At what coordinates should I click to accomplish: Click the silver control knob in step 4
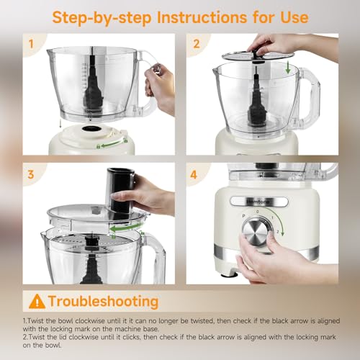(x=258, y=233)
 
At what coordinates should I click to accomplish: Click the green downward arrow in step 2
(x=289, y=68)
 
